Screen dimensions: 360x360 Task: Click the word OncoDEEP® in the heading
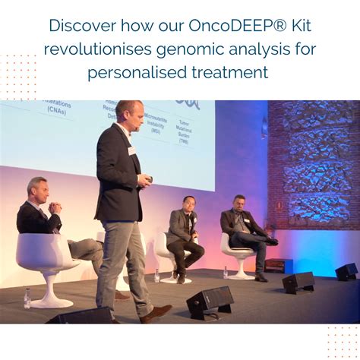(x=229, y=25)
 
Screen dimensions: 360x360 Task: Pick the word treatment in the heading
(x=231, y=73)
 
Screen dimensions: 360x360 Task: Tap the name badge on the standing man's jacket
(x=131, y=150)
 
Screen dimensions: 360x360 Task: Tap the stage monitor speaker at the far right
(x=346, y=271)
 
